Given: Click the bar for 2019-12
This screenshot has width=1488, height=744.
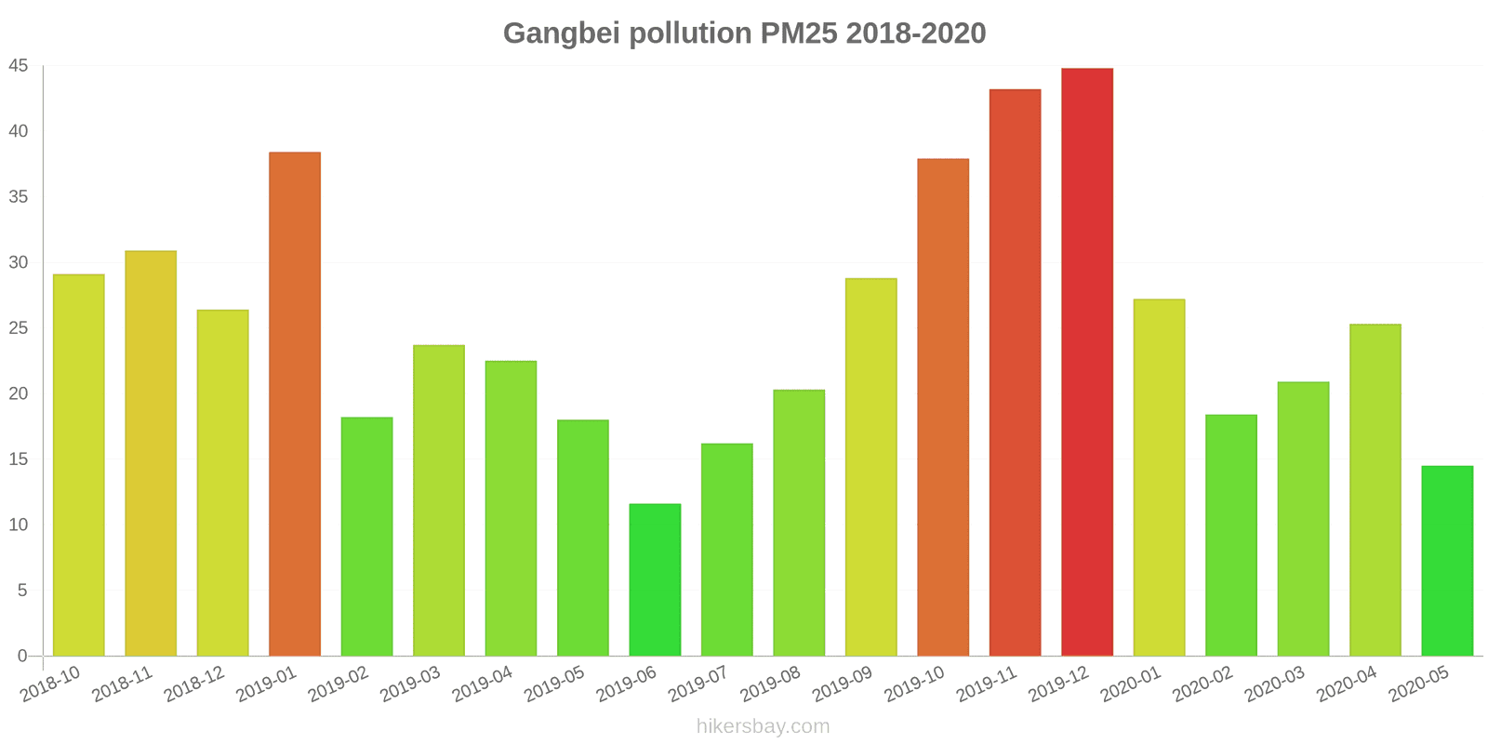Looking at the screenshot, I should tap(1087, 362).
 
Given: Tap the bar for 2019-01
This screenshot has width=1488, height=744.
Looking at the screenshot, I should tap(295, 404).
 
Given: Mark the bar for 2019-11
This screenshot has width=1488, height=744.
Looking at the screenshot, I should tap(1015, 372).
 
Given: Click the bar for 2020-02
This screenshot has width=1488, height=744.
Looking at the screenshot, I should tap(1231, 535).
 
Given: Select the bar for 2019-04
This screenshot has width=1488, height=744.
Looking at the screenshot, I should tap(511, 508).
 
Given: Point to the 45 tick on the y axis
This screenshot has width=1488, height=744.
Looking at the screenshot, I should tap(19, 66).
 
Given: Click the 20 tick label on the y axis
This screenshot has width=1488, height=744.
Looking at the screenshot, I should tap(19, 393).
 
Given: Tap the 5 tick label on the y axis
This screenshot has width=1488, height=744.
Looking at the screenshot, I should tap(23, 591).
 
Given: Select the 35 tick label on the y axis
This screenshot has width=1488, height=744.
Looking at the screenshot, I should tap(19, 197).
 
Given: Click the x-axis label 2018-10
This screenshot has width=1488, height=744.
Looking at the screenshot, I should tap(52, 684).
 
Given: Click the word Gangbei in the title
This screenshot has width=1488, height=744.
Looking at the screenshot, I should tap(562, 33).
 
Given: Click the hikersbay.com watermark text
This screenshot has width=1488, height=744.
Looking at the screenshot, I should tap(763, 726).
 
